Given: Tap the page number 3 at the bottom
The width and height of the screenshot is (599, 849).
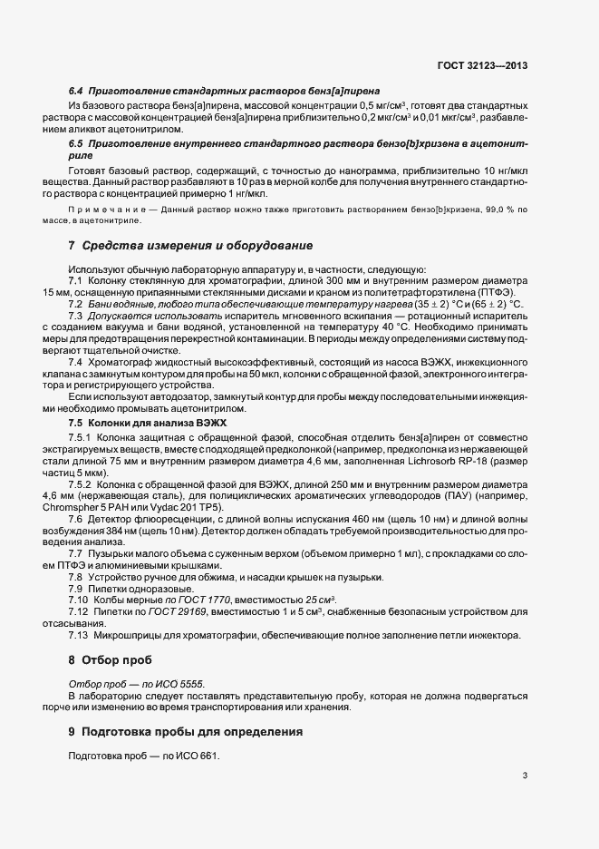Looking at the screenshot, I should tap(526, 776).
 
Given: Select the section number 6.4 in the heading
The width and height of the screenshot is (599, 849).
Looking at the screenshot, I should tap(76, 92).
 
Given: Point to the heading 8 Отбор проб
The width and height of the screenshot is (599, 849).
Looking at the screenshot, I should tap(111, 659).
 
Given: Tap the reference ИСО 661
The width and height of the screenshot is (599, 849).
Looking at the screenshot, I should tap(198, 756).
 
